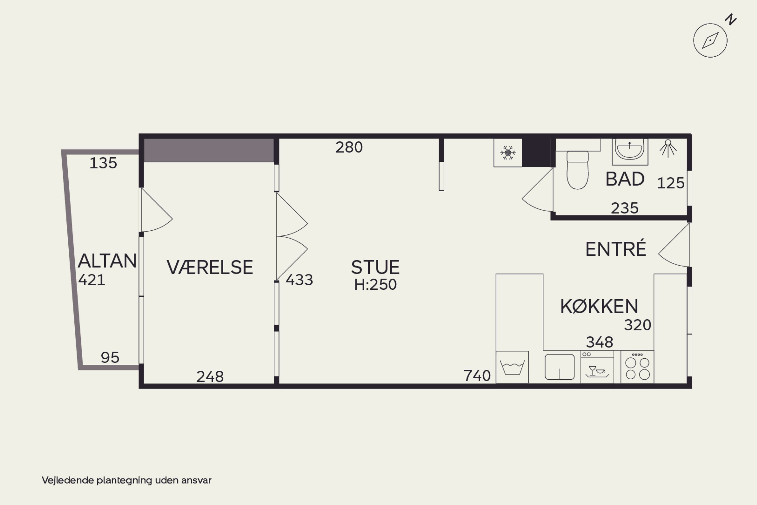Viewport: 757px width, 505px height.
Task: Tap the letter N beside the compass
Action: coord(731,20)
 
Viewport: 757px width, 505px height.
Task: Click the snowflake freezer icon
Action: coord(508,153)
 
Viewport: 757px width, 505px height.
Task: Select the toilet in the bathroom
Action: coord(577,170)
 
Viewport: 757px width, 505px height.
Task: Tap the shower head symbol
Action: coord(668,148)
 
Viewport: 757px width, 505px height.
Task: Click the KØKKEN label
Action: coord(599,306)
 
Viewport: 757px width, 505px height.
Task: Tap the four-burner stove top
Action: coord(637,367)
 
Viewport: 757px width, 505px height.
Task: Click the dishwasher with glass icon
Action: coord(597,367)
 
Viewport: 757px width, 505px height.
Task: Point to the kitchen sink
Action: coord(559,367)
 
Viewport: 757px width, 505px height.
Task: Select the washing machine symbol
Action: coord(512,367)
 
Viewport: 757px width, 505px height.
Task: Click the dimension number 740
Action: coord(477,376)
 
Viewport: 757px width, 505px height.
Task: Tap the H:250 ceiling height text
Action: coord(375,285)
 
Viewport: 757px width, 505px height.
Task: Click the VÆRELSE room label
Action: coord(210,267)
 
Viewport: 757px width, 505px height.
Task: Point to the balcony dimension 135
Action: coord(103,163)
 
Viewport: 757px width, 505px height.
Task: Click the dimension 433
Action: coord(300,280)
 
